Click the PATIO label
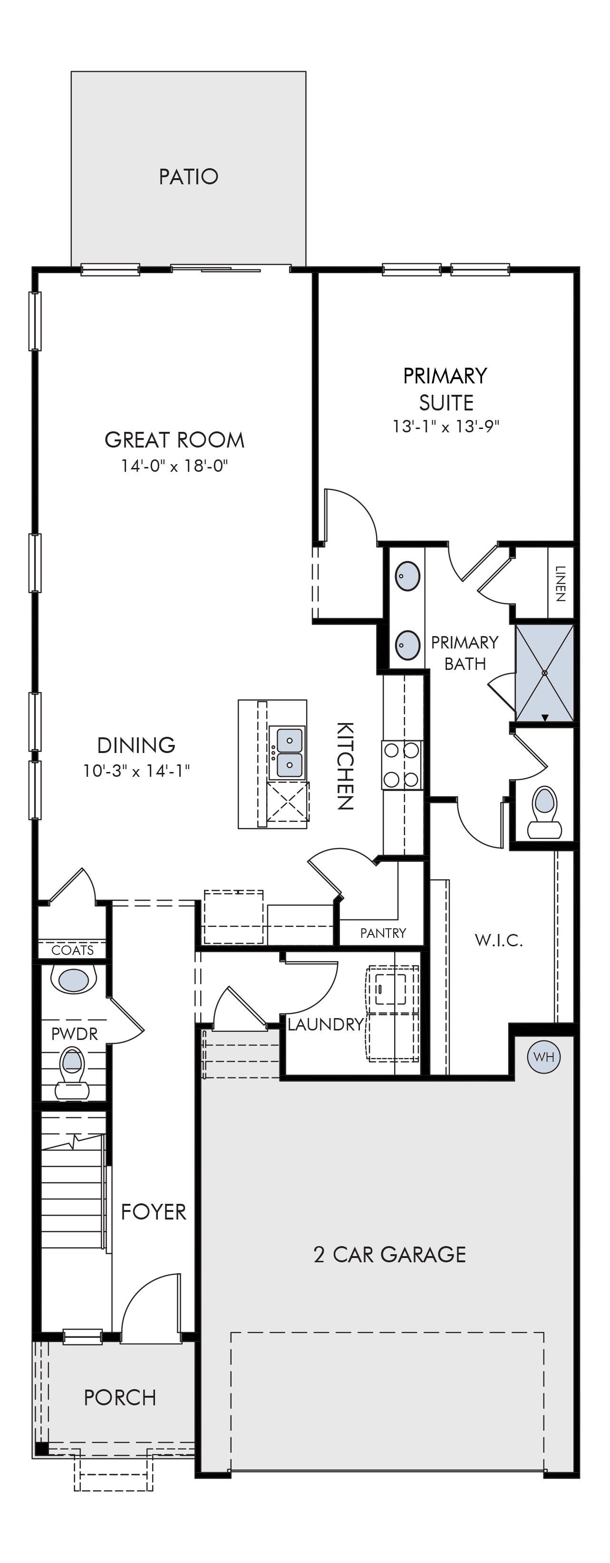click(x=188, y=177)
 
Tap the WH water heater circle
click(x=544, y=1057)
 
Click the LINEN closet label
click(x=560, y=584)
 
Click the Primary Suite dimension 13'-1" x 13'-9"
click(x=445, y=427)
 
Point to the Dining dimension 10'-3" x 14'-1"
click(x=136, y=771)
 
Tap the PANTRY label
click(x=383, y=933)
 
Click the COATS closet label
click(x=73, y=950)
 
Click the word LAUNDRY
click(x=326, y=1025)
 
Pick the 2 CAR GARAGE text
click(x=390, y=1255)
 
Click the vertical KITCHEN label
click(x=345, y=766)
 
